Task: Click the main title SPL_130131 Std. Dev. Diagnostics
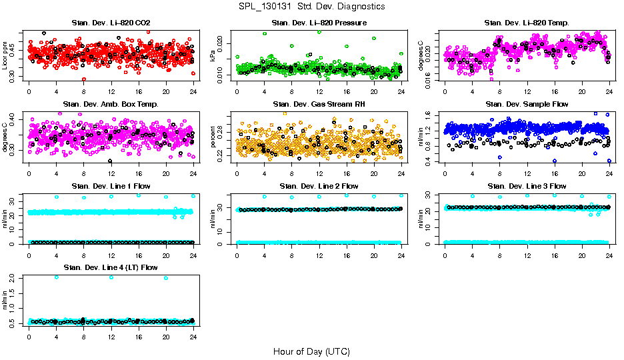[311, 7]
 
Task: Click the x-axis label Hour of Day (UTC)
[311, 351]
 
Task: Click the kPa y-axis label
[213, 57]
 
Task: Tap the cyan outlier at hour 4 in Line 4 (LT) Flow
[56, 277]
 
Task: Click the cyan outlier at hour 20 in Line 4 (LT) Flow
[166, 278]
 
